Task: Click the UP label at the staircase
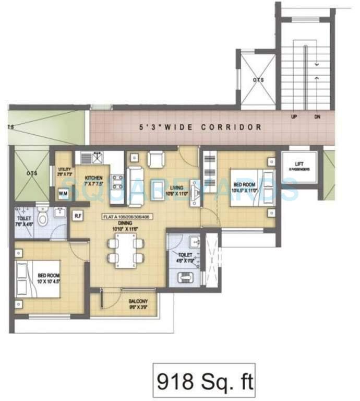pos(295,117)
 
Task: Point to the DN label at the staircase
pos(317,117)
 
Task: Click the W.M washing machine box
pos(63,194)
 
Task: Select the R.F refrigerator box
pos(78,215)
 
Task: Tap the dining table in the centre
pos(125,250)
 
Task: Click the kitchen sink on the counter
pos(97,156)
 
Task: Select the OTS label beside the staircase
pos(258,80)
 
